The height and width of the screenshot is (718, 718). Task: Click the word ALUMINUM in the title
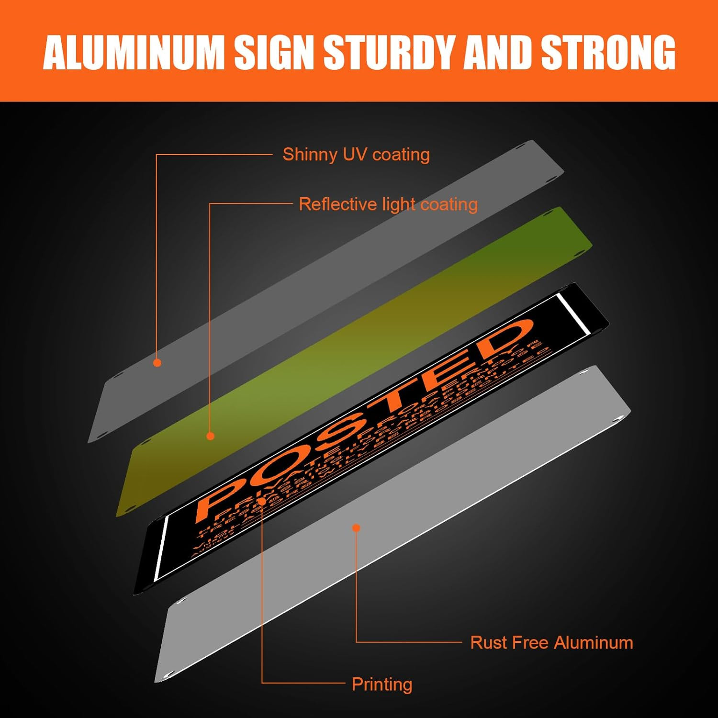tap(134, 52)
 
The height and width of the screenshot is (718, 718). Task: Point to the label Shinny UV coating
tap(356, 155)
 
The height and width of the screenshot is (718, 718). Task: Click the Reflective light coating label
tap(388, 204)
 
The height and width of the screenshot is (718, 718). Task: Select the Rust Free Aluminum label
tap(551, 642)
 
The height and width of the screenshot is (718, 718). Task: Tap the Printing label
tap(381, 684)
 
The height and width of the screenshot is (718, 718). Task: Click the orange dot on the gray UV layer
tap(157, 363)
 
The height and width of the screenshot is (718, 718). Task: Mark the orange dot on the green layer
tap(210, 436)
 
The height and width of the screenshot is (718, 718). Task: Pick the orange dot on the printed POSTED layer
tap(262, 501)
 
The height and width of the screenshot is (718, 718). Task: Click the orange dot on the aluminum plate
tap(356, 528)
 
